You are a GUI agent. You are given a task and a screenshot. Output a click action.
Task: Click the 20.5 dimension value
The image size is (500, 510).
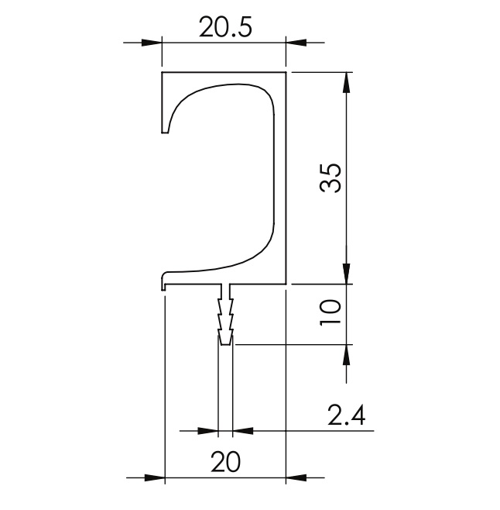point(225,27)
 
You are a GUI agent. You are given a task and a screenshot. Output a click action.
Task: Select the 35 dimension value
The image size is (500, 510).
point(330,178)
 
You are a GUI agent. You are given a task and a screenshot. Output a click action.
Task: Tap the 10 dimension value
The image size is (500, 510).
point(330,312)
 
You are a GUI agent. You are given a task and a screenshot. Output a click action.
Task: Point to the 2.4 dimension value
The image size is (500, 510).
point(346,415)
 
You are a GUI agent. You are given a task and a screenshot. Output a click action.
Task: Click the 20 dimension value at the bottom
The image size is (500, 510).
point(225,461)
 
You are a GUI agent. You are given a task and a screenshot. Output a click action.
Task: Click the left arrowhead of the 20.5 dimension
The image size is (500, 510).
point(152,43)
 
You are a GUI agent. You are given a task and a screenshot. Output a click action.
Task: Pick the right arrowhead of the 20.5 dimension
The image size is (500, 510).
point(296,43)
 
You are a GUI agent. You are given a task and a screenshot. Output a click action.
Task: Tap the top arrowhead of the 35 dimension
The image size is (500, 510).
point(346,82)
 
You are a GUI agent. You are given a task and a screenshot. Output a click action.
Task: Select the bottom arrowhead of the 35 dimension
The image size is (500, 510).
point(346,274)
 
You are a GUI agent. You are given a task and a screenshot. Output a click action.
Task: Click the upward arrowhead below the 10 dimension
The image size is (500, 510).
point(346,354)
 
